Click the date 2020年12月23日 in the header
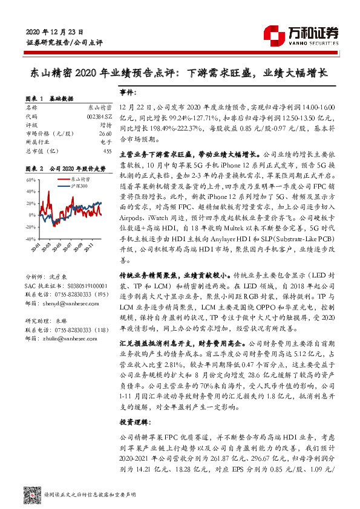(55, 31)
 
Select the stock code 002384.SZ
(98, 116)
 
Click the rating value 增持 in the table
(104, 125)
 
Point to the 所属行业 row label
(38, 141)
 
